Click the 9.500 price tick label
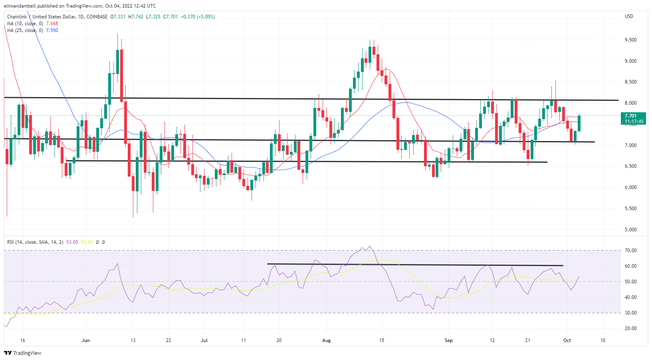(631, 40)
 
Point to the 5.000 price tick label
(631, 230)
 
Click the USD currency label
(629, 16)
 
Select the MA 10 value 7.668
(52, 24)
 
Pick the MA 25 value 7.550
(52, 30)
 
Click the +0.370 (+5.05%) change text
(198, 17)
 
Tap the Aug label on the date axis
(327, 340)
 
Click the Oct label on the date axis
(567, 340)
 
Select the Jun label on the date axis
(85, 340)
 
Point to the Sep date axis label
(449, 340)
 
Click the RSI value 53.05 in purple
(72, 242)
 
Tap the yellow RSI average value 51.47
(87, 242)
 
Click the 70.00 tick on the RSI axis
(631, 251)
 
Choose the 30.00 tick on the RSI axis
(631, 313)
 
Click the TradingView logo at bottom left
(23, 353)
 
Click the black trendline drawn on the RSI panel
(415, 265)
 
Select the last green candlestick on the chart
(579, 123)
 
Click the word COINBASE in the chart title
(97, 17)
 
